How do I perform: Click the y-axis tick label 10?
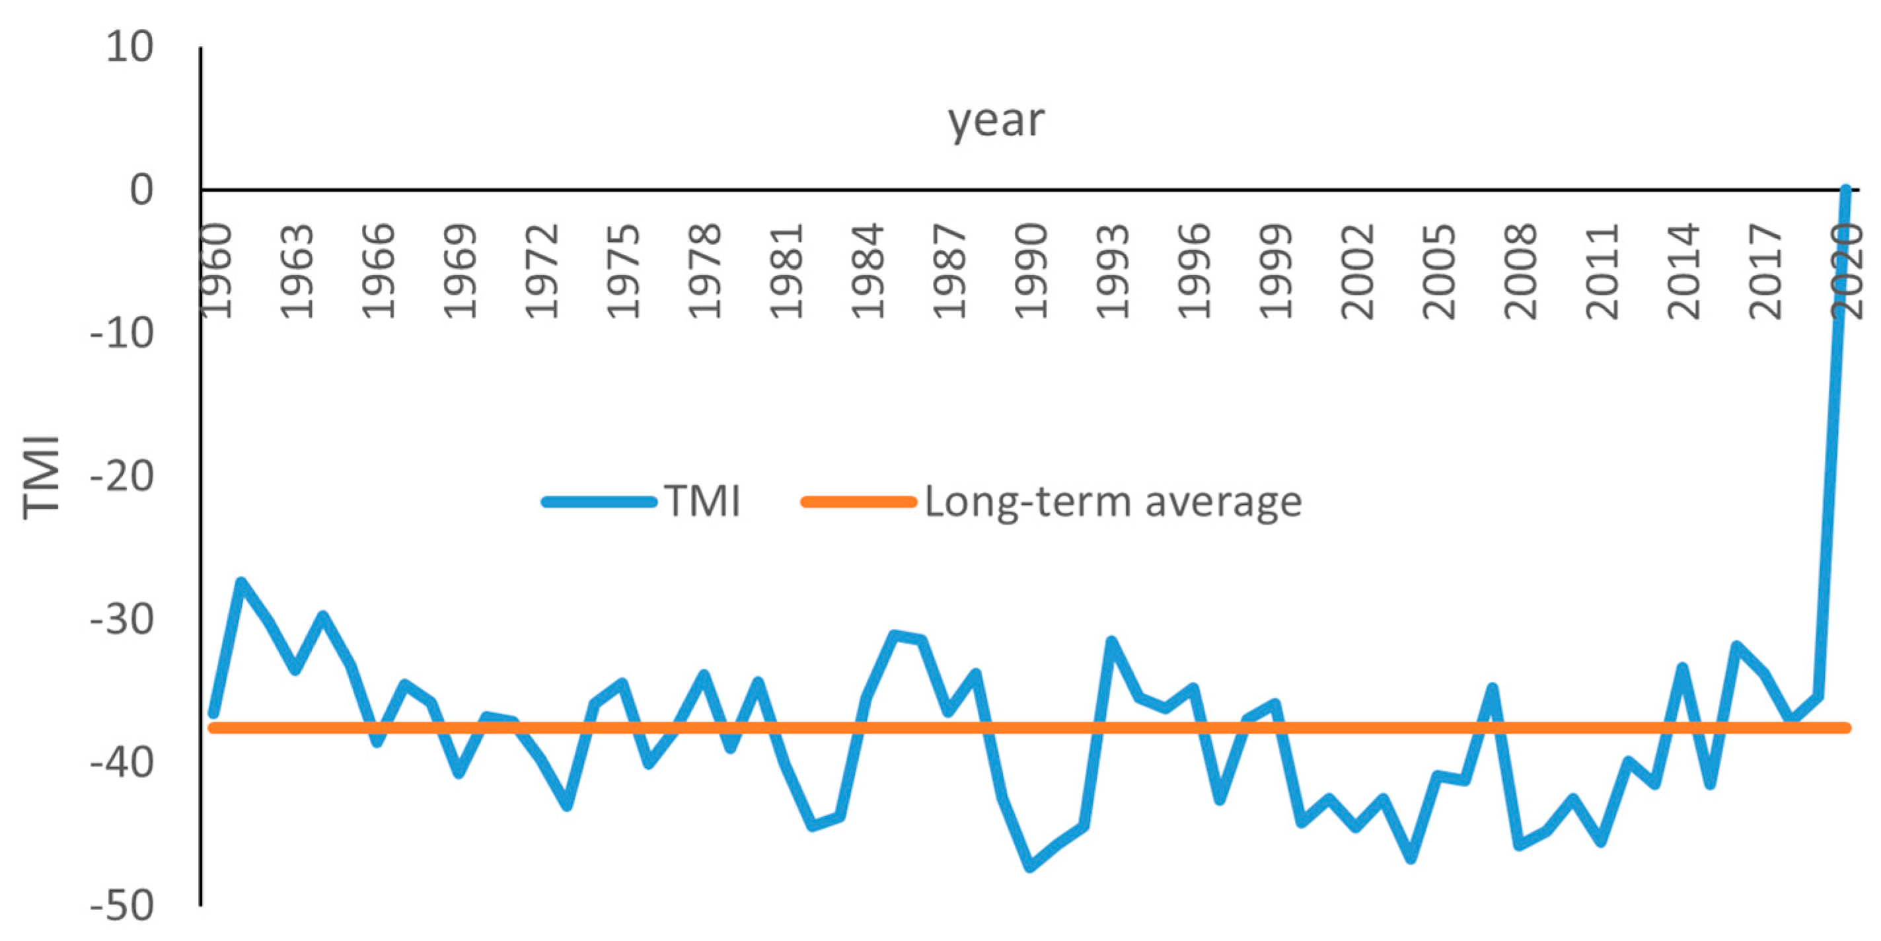click(130, 48)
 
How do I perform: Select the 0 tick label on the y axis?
click(141, 190)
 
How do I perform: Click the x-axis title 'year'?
click(995, 120)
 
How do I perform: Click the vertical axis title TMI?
click(41, 477)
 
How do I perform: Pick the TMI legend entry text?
click(702, 502)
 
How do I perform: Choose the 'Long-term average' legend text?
click(1113, 502)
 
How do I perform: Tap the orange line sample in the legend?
click(858, 502)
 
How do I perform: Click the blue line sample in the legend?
click(599, 502)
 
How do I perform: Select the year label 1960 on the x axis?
click(217, 272)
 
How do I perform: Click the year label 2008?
click(1521, 272)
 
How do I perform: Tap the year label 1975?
click(624, 272)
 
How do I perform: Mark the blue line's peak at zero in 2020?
click(1845, 190)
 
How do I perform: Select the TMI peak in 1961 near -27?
click(241, 582)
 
